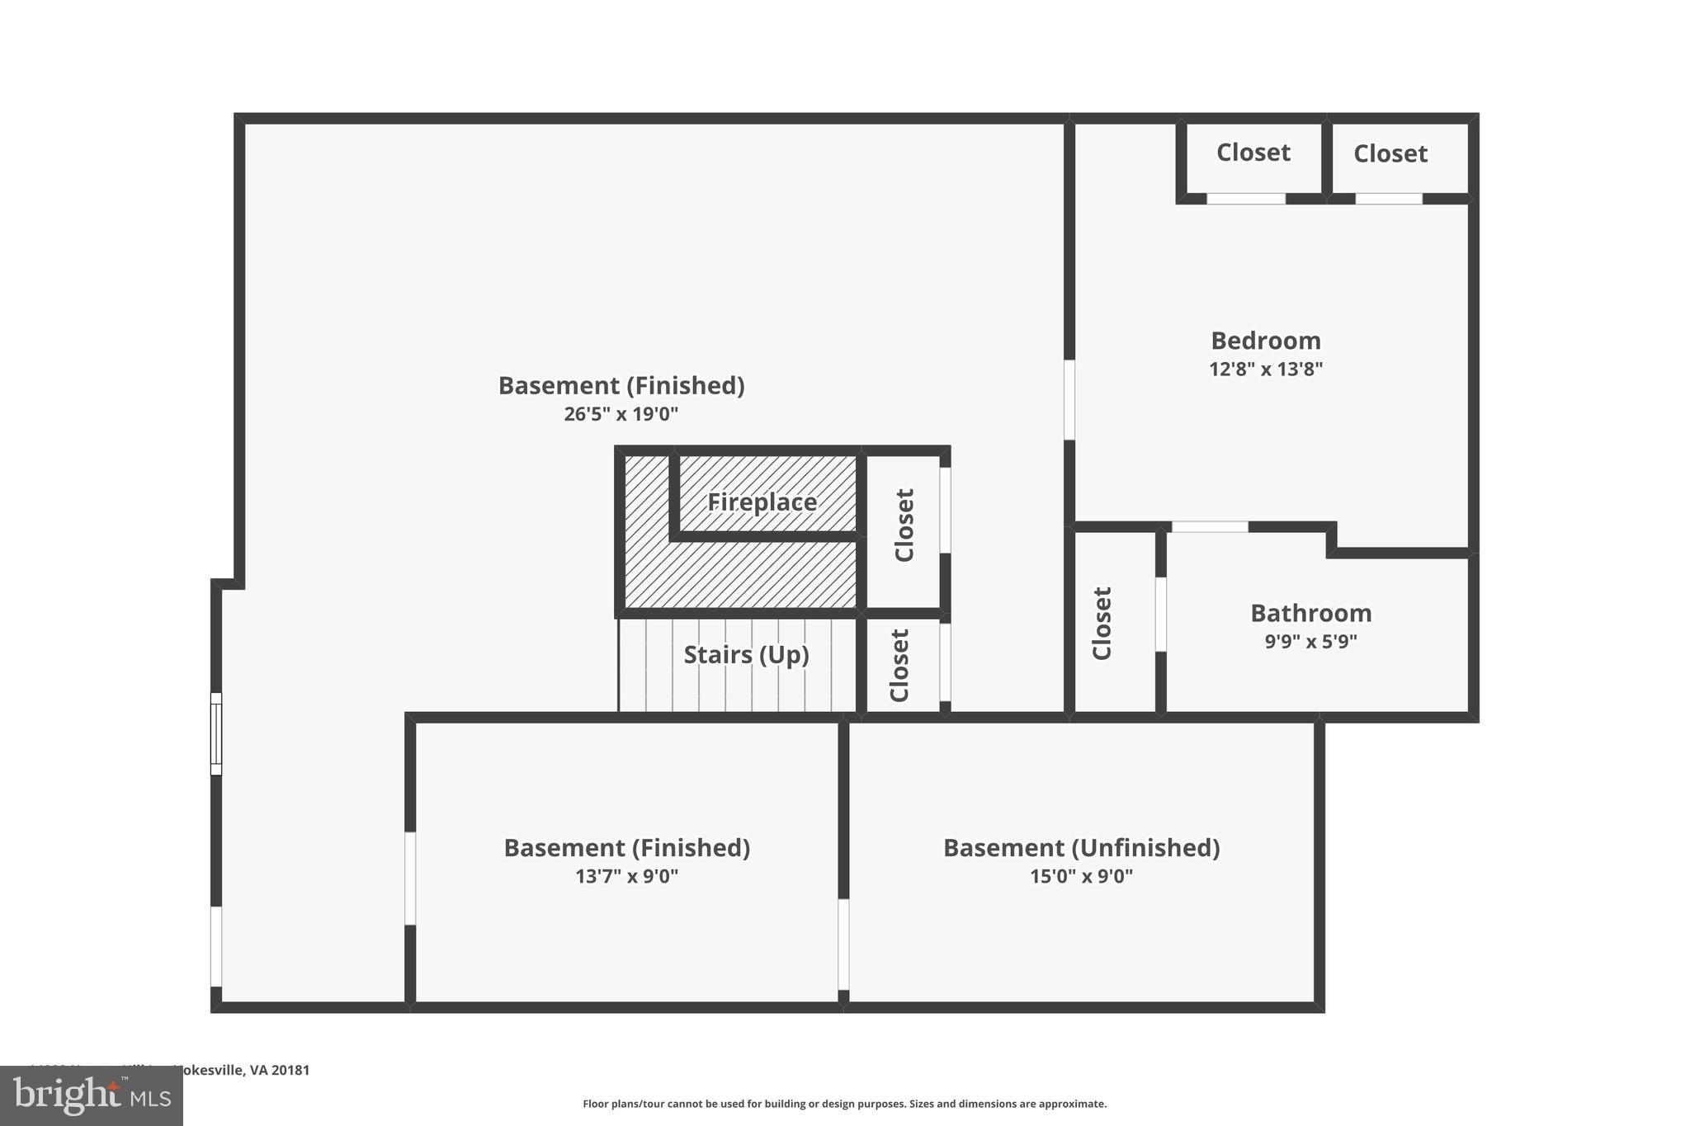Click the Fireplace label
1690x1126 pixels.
pos(762,502)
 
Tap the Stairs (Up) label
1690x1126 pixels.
pos(746,655)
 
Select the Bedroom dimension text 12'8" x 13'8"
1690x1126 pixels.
pos(1266,370)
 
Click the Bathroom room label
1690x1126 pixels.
pos(1310,613)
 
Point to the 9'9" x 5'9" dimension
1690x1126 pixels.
pos(1310,642)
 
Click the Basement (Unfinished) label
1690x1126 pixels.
pos(1081,848)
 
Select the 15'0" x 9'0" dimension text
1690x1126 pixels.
pos(1081,876)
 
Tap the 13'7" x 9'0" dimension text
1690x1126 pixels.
pos(626,876)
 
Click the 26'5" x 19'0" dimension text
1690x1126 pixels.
pos(621,414)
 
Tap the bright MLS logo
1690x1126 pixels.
pos(92,1096)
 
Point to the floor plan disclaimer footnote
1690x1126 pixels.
pos(844,1104)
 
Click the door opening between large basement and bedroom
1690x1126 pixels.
pos(1069,399)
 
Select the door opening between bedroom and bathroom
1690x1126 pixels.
pos(1210,526)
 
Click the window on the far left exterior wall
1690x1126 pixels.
pos(216,733)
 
